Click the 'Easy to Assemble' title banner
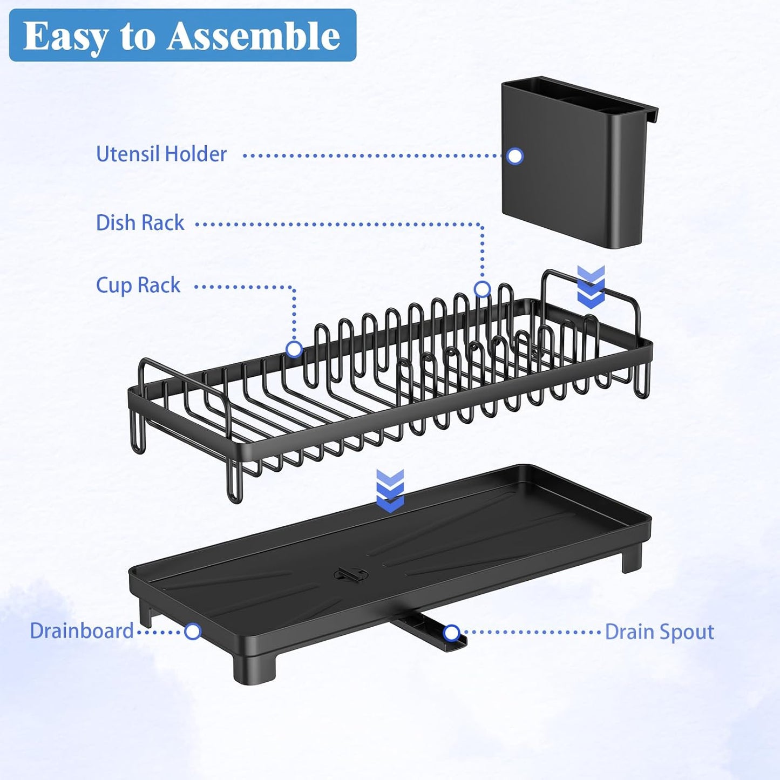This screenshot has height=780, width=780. [182, 35]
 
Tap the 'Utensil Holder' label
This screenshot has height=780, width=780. [161, 154]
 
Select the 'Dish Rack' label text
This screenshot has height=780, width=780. [140, 223]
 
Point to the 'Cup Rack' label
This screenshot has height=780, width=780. [138, 286]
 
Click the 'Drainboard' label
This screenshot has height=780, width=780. [82, 631]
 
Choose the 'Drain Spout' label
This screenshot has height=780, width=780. [659, 632]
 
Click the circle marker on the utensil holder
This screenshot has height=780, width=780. [515, 156]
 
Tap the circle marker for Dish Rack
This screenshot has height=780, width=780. [482, 289]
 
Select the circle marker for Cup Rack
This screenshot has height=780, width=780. [294, 349]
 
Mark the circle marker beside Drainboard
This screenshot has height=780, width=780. [193, 631]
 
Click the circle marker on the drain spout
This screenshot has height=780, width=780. [451, 633]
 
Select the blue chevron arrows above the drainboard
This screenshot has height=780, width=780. [390, 490]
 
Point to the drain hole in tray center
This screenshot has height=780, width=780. [350, 574]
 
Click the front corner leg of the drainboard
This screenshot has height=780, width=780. [254, 669]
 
